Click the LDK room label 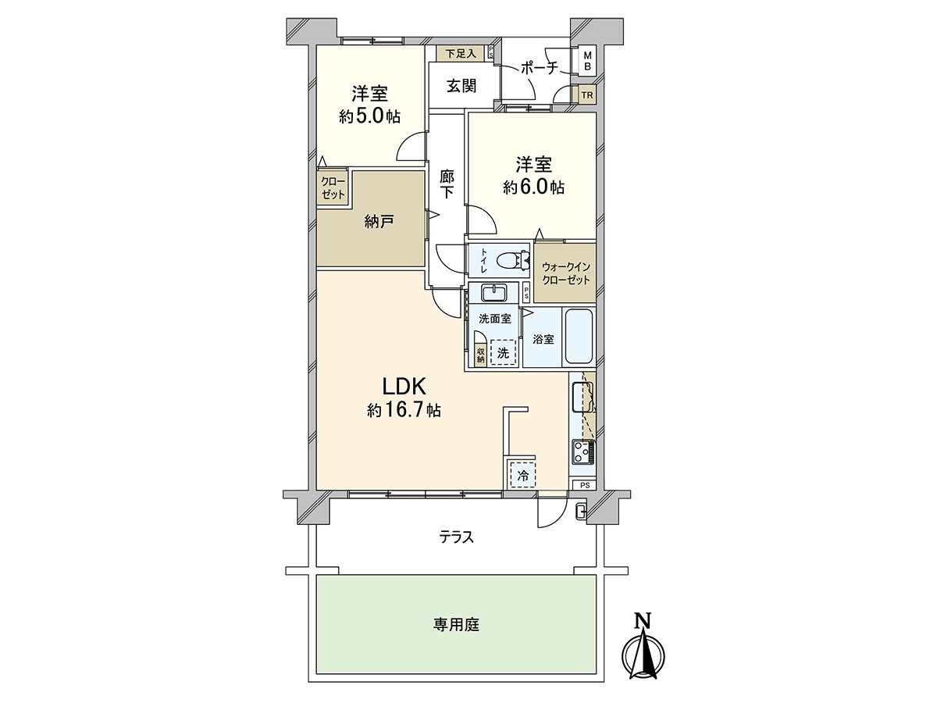coord(403,386)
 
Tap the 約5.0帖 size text coord(370,116)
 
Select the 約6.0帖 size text coord(534,187)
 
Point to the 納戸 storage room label coord(377,221)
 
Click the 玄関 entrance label coord(461,86)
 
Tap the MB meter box coord(588,61)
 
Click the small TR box coord(587,96)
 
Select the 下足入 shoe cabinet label coord(460,54)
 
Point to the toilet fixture coord(514,259)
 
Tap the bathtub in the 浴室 coord(579,337)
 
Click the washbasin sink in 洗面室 coord(494,293)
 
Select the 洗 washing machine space coord(504,353)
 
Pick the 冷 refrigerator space coord(522,474)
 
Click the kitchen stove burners coord(583,451)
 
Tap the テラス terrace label coord(457,537)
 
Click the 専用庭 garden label coord(457,625)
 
